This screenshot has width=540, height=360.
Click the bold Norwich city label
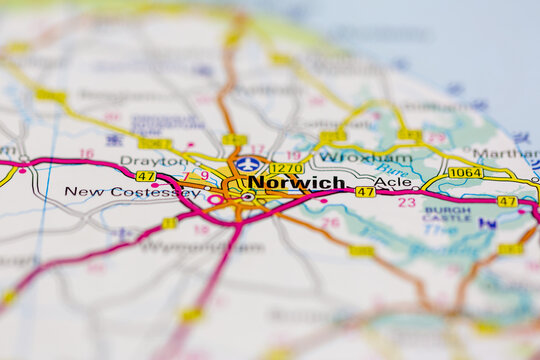point(296,183)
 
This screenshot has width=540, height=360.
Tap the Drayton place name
point(154,160)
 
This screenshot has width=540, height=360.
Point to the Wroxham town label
point(351,157)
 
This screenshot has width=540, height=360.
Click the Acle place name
point(393,183)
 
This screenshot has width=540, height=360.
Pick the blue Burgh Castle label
point(446,214)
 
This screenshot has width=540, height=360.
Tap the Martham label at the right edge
point(506,154)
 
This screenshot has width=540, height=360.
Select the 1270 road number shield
point(286,168)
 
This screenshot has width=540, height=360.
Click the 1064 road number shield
point(465,173)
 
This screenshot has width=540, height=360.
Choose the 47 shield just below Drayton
point(146,176)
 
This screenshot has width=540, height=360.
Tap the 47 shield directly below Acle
point(365,192)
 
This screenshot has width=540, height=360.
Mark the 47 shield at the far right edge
point(507,201)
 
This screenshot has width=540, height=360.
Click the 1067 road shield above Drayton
point(155,144)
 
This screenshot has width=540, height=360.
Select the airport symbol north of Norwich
point(248,164)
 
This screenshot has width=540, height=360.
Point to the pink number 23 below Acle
point(406,202)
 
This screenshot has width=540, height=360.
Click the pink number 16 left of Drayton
point(87,154)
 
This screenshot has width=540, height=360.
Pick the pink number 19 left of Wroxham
point(293,155)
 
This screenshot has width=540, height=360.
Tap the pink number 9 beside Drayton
point(205,175)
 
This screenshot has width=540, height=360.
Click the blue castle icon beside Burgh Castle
point(487,223)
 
